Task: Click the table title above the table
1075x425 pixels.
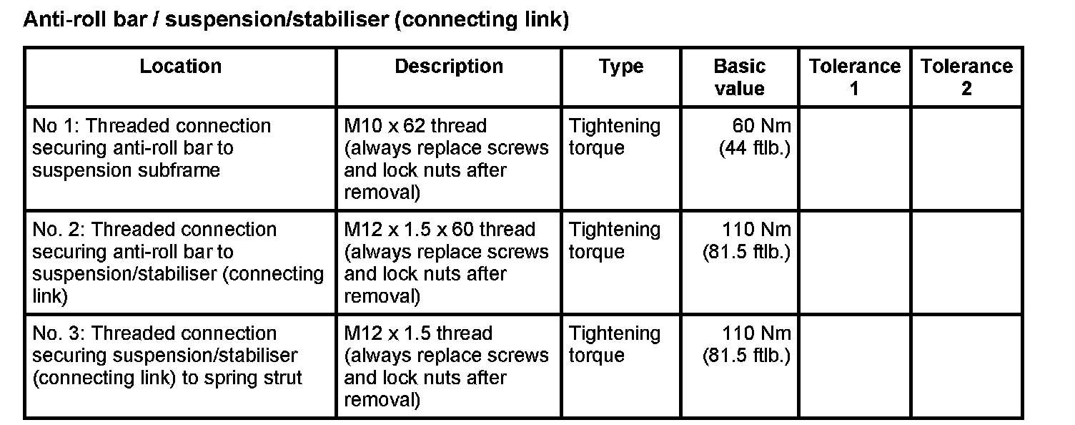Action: [296, 20]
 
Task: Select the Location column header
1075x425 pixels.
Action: [180, 67]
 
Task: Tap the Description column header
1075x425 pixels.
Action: [449, 67]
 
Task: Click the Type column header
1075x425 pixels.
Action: [620, 67]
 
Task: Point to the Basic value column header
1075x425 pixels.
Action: [739, 77]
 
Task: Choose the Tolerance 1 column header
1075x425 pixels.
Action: [854, 77]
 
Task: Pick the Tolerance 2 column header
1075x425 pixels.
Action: [966, 77]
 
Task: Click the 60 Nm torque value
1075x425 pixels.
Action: [762, 126]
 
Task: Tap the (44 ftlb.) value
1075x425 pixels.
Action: [755, 149]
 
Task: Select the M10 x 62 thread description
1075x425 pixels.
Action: [415, 126]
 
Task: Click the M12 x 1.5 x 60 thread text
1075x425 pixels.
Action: [440, 230]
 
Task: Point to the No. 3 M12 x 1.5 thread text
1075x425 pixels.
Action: [418, 333]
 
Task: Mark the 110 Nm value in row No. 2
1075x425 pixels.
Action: [757, 230]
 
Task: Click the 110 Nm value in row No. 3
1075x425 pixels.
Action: [757, 333]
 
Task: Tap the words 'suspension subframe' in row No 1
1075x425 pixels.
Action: [126, 171]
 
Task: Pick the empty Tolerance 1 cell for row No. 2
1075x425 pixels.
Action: [854, 262]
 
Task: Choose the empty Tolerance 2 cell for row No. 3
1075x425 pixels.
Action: [966, 366]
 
